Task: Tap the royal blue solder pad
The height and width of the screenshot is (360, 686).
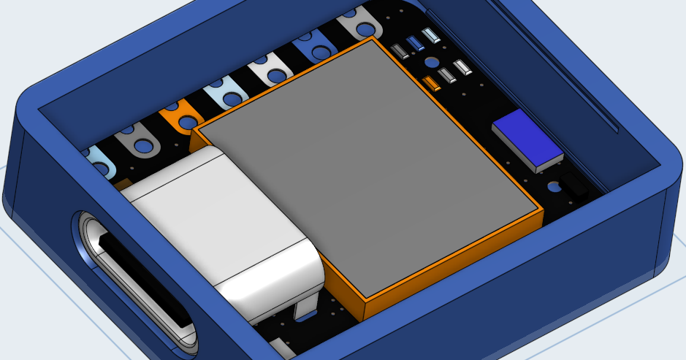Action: point(314,50)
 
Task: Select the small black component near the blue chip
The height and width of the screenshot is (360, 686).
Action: point(576,185)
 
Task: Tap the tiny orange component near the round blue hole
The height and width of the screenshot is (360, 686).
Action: point(432,83)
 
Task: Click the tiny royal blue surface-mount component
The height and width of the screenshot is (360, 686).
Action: point(416,43)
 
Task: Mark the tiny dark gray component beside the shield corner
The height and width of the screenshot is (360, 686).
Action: point(399,51)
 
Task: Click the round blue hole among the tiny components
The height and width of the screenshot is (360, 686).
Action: point(432,63)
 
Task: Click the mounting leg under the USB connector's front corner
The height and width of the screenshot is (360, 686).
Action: point(304,310)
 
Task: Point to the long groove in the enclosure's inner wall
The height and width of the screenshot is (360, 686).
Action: point(577,88)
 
